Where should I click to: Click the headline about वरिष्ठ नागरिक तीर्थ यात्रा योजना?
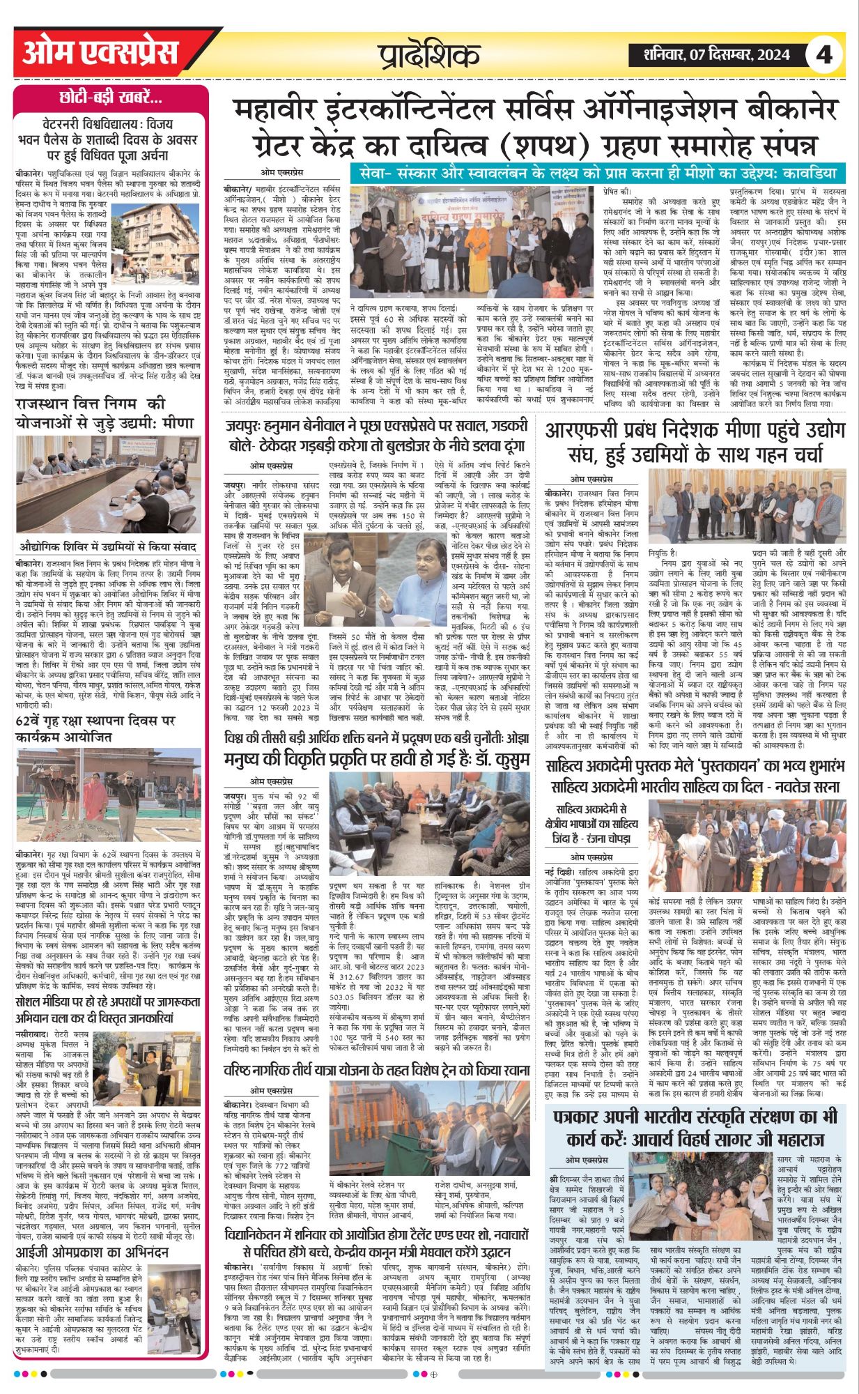point(376,1069)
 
